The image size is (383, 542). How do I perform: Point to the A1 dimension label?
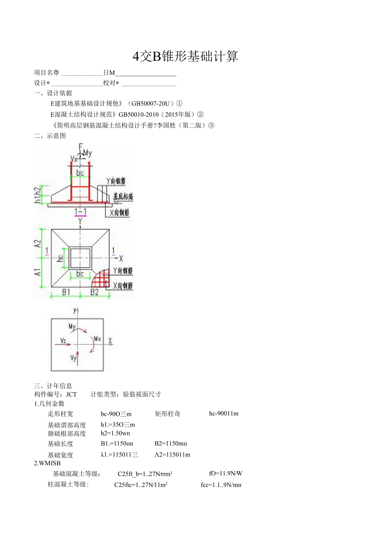pyautogui.click(x=38, y=273)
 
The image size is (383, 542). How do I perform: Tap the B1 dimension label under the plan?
pyautogui.click(x=66, y=292)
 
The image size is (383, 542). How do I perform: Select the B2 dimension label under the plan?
pyautogui.click(x=95, y=292)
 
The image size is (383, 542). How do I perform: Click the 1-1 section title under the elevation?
pyautogui.click(x=80, y=212)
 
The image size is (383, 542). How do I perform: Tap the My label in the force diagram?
pyautogui.click(x=72, y=327)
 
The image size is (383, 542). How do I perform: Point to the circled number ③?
pyautogui.click(x=211, y=125)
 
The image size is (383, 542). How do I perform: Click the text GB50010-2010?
pyautogui.click(x=138, y=115)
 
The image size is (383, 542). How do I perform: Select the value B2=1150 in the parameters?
pyautogui.click(x=171, y=444)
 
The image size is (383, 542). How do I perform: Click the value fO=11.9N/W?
pyautogui.click(x=226, y=473)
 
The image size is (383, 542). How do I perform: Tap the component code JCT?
pyautogui.click(x=72, y=394)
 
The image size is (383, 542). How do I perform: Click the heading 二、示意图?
pyautogui.click(x=50, y=136)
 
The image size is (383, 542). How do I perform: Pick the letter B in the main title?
pyautogui.click(x=157, y=57)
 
